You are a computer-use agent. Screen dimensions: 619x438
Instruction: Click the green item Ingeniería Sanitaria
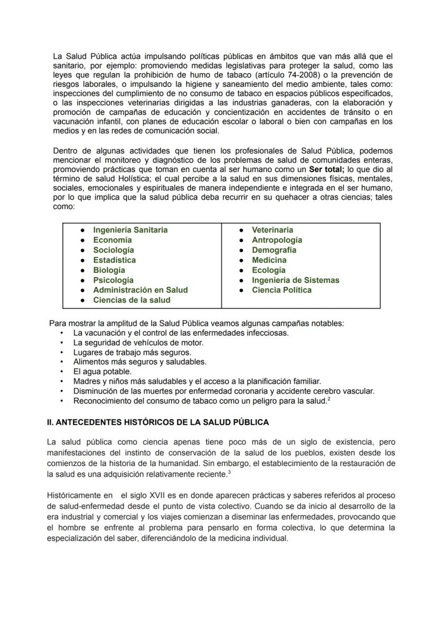click(x=130, y=230)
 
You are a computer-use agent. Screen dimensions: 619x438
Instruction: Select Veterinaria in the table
click(x=272, y=230)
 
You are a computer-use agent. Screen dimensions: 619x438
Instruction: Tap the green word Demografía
click(x=273, y=250)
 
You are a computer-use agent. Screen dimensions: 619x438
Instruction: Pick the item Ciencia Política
click(x=281, y=290)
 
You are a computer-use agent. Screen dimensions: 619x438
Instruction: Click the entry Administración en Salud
click(x=140, y=290)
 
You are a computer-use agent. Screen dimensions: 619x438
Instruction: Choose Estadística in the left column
click(x=114, y=260)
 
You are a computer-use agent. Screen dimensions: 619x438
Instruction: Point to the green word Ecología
click(x=268, y=270)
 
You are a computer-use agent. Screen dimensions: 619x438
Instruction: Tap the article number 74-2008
click(x=302, y=75)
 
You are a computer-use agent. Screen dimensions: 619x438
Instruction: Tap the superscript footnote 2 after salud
click(x=329, y=398)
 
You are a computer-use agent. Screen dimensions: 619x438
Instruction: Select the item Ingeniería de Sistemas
click(x=295, y=280)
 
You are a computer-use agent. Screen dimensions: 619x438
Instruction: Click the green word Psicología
click(x=113, y=280)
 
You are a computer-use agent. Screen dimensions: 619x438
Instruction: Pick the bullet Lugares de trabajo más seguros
click(x=132, y=352)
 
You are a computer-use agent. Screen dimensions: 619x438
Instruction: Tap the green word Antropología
click(x=277, y=240)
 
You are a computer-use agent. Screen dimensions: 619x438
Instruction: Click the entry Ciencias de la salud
click(x=132, y=300)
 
